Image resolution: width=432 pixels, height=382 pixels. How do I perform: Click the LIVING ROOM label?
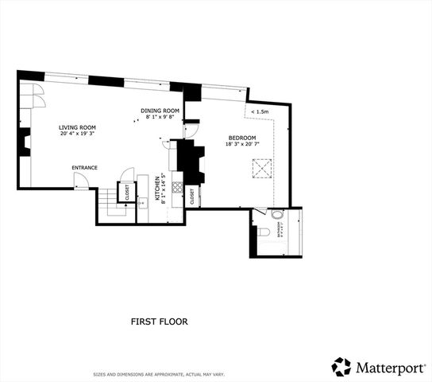click(x=77, y=127)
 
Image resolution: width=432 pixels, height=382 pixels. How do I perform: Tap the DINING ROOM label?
click(x=158, y=111)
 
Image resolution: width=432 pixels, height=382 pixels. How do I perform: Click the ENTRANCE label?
click(x=84, y=168)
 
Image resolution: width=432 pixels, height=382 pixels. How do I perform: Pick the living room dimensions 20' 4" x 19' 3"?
click(x=77, y=134)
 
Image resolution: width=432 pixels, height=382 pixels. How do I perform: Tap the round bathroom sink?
click(x=276, y=215)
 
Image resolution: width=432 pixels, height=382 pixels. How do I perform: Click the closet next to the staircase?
click(x=125, y=193)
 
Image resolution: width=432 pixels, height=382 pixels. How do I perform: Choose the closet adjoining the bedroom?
click(x=194, y=197)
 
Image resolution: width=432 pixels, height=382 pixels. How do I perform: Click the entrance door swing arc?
click(x=80, y=181)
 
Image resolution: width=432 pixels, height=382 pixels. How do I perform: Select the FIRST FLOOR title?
click(x=159, y=322)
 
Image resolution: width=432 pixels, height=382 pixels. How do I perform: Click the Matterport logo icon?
click(x=341, y=366)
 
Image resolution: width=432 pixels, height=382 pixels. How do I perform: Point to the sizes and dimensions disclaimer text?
click(x=159, y=373)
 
